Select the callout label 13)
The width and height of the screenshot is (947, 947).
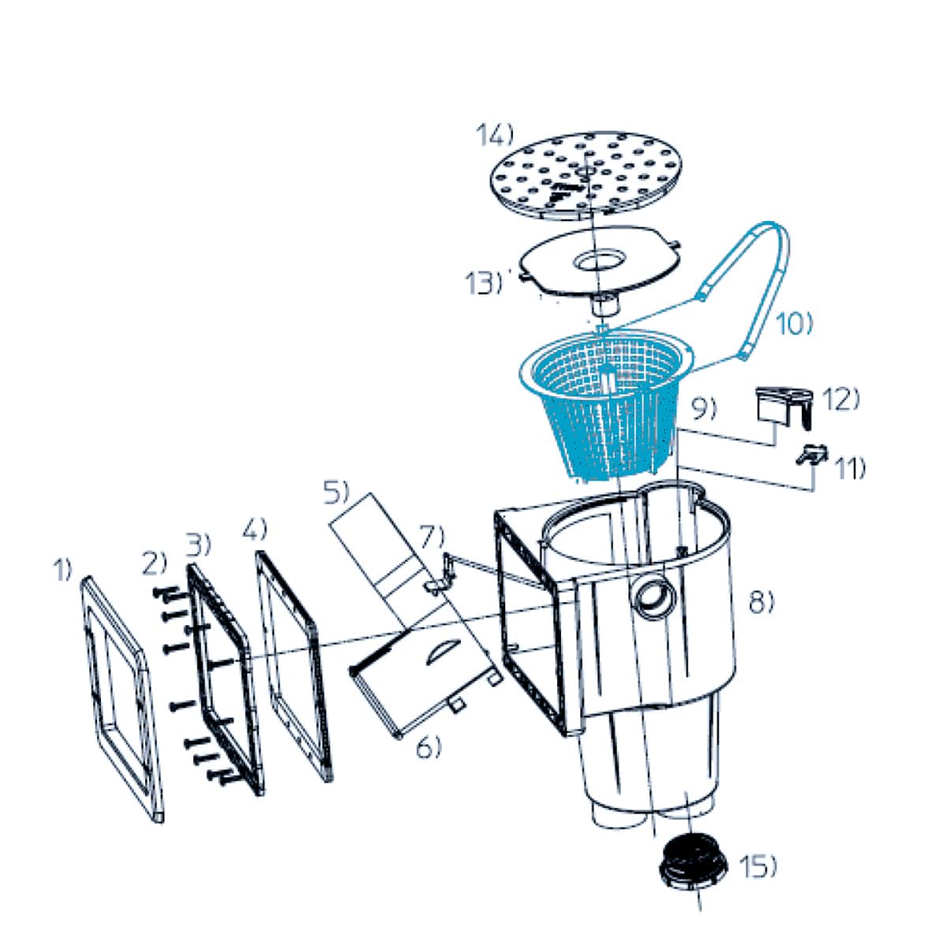484,283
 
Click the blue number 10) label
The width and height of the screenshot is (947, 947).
795,325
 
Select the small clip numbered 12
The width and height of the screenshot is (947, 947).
784,406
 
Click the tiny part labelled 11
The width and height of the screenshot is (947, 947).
811,454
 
